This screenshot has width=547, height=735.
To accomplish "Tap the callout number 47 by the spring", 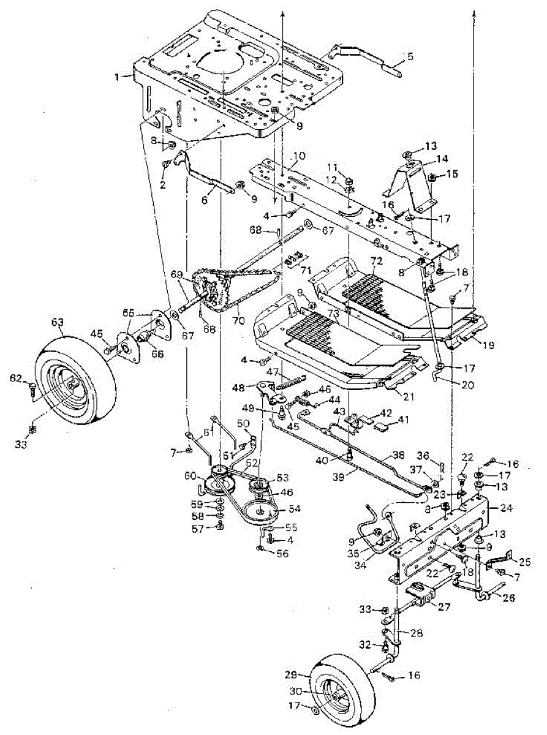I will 272,372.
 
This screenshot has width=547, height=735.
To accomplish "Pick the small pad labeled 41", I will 384,423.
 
